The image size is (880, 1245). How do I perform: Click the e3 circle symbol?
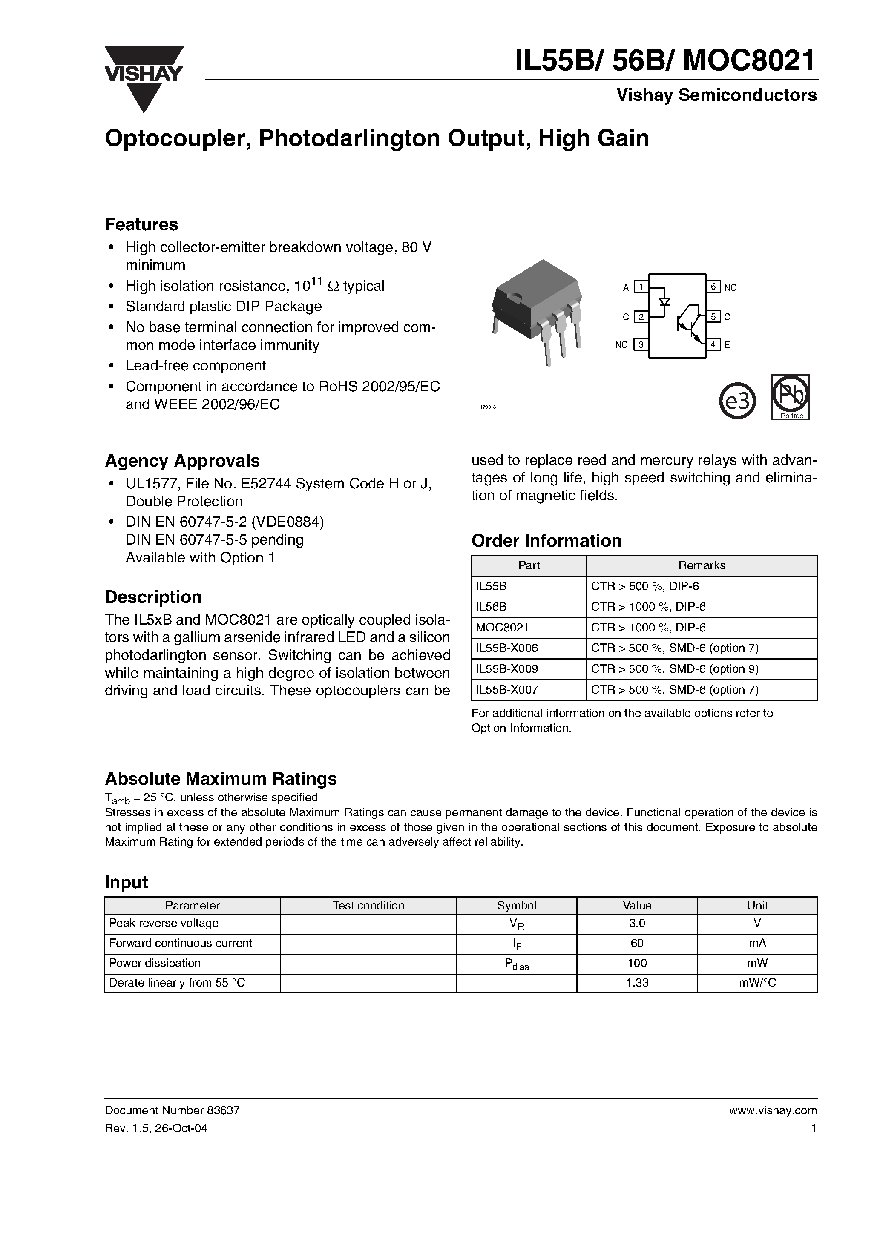coord(737,401)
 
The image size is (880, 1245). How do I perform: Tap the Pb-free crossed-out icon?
coord(791,396)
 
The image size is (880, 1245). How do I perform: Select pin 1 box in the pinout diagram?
coord(641,287)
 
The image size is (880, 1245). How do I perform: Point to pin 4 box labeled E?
coord(713,344)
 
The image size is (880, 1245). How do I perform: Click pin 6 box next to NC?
coord(713,287)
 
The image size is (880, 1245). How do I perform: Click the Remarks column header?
coord(702,565)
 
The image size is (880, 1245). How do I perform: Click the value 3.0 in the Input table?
coord(637,924)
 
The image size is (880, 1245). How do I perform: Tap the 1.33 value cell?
coord(637,983)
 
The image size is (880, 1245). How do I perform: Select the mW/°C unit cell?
coord(757,983)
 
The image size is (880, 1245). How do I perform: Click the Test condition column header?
coord(368,906)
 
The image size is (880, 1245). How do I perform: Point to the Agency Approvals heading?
coord(182,461)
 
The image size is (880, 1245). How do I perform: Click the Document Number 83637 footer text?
coord(172,1110)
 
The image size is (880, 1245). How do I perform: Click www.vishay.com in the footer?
coord(773,1110)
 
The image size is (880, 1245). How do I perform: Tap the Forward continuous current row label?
coord(181,943)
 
